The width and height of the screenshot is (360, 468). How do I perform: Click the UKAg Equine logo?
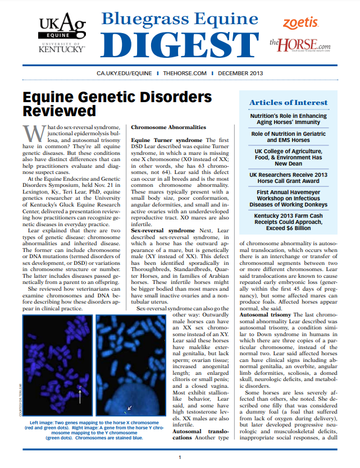pyautogui.click(x=61, y=33)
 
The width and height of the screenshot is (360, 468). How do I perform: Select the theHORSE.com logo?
pyautogui.click(x=300, y=43)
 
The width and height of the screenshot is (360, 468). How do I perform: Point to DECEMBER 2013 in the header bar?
pyautogui.click(x=241, y=74)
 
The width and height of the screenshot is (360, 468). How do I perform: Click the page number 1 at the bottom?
pyautogui.click(x=180, y=457)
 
